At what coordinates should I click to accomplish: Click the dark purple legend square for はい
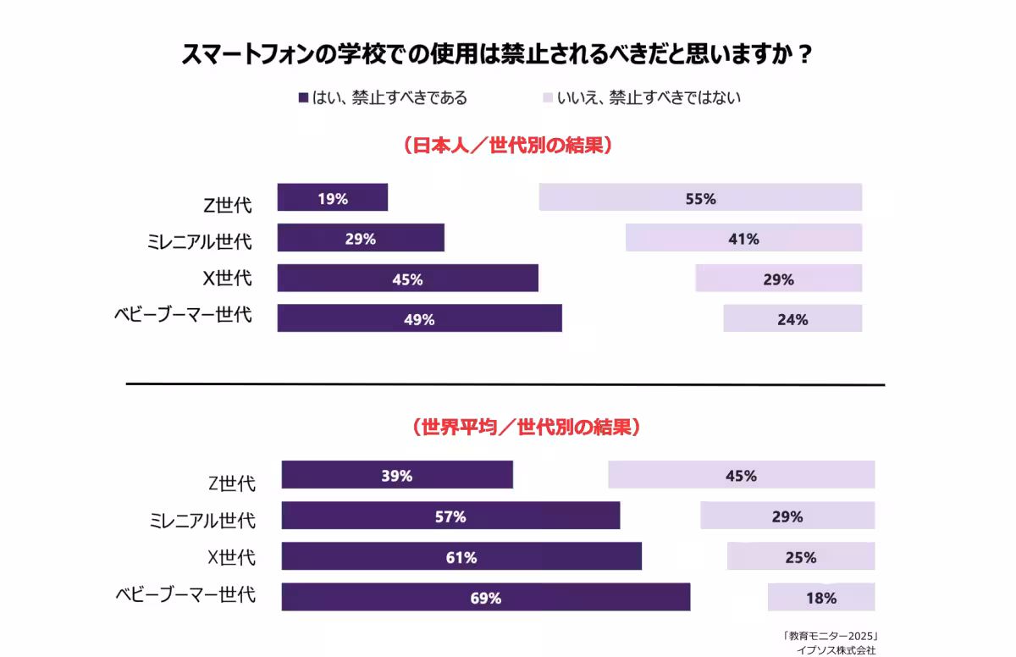coord(303,98)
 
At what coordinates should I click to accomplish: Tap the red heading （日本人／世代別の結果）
coord(507,145)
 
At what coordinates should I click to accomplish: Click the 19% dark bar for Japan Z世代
coord(332,198)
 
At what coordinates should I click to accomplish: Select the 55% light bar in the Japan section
coord(700,198)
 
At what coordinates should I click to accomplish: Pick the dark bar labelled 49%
coord(419,318)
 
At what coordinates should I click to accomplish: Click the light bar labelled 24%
coord(792,318)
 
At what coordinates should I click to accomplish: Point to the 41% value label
coord(743,239)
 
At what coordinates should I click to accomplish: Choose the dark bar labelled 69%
coord(485,597)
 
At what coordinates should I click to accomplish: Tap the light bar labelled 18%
coord(820,597)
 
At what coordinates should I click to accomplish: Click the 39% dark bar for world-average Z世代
coord(397,475)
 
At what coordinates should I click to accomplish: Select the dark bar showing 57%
coord(450,516)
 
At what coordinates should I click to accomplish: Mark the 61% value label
coord(461,557)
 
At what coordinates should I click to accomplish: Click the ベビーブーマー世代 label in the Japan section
coord(183,316)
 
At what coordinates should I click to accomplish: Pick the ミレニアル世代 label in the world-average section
coord(202,519)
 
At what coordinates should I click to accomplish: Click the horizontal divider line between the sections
coord(505,384)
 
